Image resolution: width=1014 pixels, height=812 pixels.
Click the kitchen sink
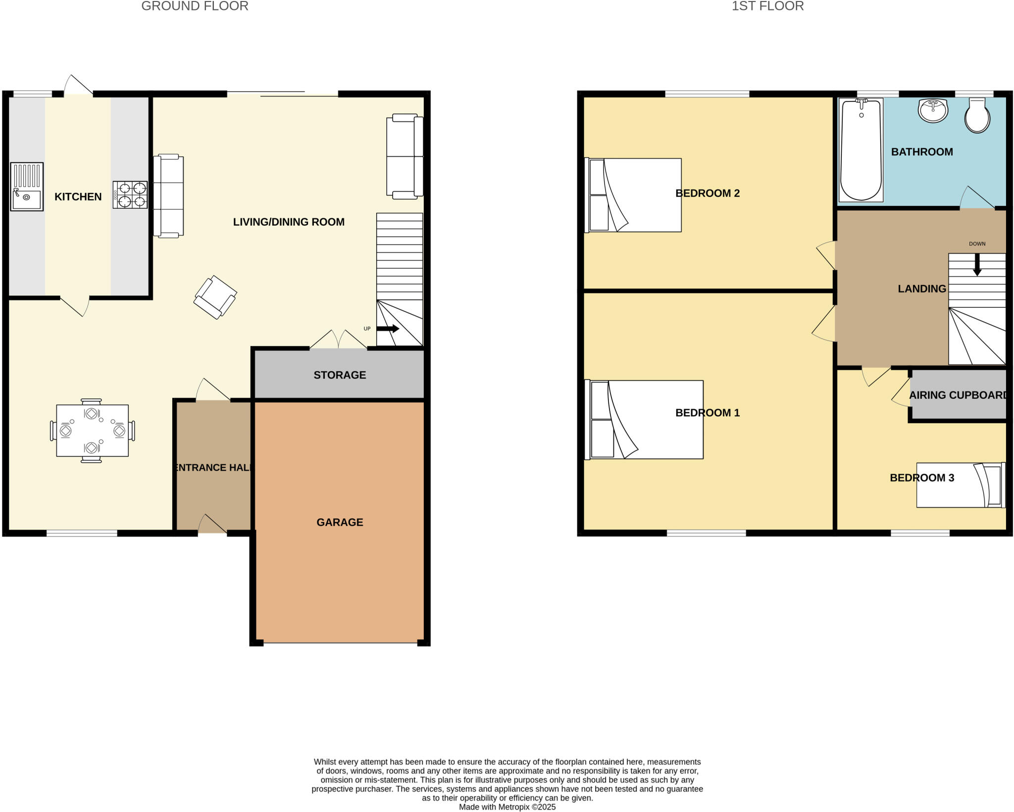(27, 187)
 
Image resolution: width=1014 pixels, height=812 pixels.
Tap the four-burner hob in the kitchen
(130, 194)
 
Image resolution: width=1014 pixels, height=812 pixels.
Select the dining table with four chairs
(92, 430)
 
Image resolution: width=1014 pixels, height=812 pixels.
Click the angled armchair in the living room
(215, 297)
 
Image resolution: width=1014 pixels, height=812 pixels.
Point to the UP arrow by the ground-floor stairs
(388, 329)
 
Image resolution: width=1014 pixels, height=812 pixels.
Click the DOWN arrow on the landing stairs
(977, 265)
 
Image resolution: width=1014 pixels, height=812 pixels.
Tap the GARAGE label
(340, 522)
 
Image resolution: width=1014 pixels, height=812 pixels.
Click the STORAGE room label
(340, 375)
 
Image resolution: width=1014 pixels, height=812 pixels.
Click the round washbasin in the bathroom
(933, 110)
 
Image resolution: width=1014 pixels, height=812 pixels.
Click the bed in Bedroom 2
(633, 195)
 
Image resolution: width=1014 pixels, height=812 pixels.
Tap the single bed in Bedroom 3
(961, 485)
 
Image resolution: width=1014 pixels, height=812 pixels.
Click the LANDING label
(921, 288)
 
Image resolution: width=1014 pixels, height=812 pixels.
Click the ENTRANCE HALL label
(213, 467)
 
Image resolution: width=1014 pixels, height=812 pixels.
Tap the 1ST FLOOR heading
(767, 6)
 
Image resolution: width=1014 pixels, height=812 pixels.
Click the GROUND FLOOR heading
(195, 6)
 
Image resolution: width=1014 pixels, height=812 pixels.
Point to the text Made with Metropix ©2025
(507, 807)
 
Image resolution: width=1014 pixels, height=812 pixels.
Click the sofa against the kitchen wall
(168, 196)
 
